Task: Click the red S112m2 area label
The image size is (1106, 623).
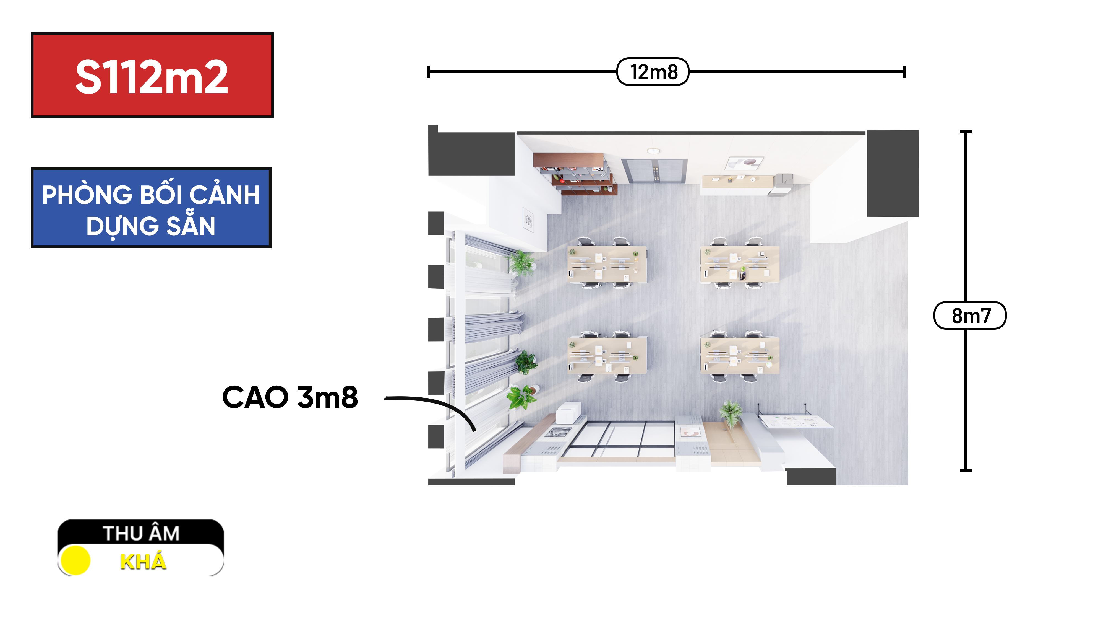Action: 152,75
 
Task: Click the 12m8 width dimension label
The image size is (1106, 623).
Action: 653,72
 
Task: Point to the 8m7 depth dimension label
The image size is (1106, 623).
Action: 970,316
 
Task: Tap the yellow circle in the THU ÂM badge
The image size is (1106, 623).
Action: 75,560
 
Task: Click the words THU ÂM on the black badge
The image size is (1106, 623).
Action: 141,533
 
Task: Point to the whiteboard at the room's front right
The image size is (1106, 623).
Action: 795,421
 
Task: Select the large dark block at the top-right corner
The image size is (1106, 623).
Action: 893,174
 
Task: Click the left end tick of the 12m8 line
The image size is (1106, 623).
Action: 428,72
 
